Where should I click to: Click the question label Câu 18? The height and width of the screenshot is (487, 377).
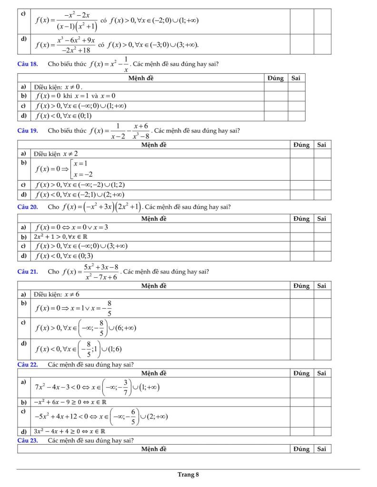[27, 64]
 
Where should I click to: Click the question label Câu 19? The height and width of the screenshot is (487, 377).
[27, 130]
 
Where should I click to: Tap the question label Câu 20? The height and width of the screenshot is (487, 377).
[27, 206]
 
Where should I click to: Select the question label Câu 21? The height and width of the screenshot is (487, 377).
[27, 272]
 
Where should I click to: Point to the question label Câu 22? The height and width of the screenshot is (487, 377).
[27, 364]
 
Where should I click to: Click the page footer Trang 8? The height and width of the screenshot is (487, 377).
[188, 474]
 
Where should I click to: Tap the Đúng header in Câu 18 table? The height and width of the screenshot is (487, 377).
[276, 78]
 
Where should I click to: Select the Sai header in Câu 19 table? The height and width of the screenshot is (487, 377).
[322, 145]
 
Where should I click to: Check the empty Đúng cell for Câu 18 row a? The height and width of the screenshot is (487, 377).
[276, 87]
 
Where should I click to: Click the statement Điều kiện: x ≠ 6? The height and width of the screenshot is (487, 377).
[57, 294]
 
